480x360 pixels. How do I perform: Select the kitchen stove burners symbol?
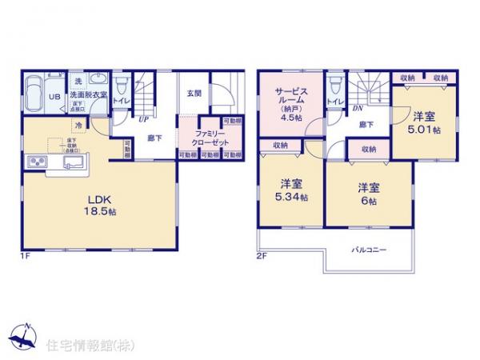click(37, 164)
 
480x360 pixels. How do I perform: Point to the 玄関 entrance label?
click(194, 93)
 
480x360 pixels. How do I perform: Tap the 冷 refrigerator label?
click(79, 126)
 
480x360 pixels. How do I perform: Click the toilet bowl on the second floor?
click(334, 86)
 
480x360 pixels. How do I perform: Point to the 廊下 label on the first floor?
click(154, 137)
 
